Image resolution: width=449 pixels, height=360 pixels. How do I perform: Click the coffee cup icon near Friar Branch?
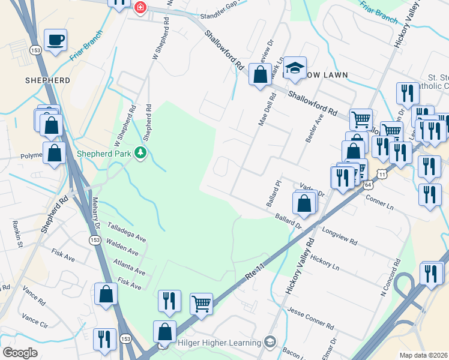pyautogui.click(x=56, y=40)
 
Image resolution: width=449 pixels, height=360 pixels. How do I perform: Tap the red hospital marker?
pyautogui.click(x=140, y=7)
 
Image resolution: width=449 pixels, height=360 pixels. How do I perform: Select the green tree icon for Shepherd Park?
pyautogui.click(x=140, y=153)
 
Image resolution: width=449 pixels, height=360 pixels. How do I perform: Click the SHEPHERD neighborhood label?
pyautogui.click(x=47, y=80)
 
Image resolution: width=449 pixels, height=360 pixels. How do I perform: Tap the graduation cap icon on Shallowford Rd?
pyautogui.click(x=295, y=68)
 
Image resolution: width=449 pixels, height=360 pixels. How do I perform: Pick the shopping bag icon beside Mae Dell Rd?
pyautogui.click(x=260, y=75)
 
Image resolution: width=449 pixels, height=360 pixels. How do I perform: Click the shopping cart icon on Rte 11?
pyautogui.click(x=202, y=303)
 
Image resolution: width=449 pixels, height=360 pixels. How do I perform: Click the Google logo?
pyautogui.click(x=20, y=352)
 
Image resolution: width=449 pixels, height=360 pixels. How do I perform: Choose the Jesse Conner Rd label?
pyautogui.click(x=310, y=317)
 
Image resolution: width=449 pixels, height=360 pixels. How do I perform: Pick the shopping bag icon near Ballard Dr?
pyautogui.click(x=305, y=203)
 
